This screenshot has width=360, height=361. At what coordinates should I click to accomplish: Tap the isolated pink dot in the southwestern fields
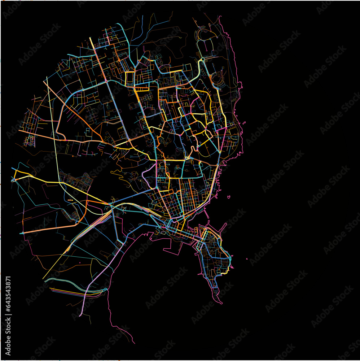(80, 262)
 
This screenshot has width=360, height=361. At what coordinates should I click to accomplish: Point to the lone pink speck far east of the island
(246, 259)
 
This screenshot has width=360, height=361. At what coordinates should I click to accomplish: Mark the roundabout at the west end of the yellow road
(14, 179)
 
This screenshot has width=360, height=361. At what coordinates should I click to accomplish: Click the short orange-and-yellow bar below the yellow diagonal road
(70, 200)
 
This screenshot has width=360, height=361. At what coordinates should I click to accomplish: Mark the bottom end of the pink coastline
(135, 343)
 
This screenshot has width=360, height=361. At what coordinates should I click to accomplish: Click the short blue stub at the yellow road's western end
(13, 169)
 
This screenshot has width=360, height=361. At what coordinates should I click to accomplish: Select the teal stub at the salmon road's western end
(21, 233)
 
